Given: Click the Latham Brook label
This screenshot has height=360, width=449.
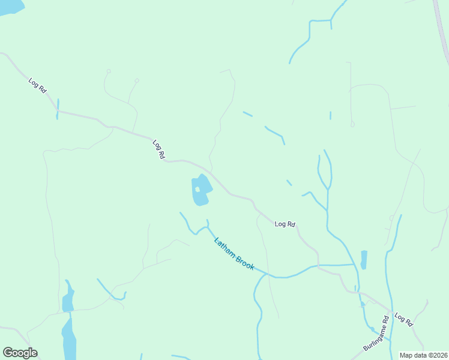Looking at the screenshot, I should click(x=235, y=254).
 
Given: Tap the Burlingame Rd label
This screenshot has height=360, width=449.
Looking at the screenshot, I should click(x=377, y=335).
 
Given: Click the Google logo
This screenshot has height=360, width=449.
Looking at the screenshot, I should click(x=20, y=353).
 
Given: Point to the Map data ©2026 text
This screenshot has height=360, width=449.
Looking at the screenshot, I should click(x=423, y=355).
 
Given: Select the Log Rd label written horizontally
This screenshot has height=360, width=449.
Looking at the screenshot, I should click(x=285, y=224).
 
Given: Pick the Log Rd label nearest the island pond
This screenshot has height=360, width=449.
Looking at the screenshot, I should click(x=159, y=149).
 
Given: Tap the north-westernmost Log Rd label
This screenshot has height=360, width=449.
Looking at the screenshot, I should click(x=37, y=85).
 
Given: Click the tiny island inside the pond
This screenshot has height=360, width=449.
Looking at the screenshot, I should click(x=197, y=190).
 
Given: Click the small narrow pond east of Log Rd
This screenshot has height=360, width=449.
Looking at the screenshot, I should click(x=364, y=260).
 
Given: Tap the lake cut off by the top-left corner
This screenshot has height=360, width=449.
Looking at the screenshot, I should click(x=11, y=6).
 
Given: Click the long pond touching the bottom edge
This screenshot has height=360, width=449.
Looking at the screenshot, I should click(x=69, y=339).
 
